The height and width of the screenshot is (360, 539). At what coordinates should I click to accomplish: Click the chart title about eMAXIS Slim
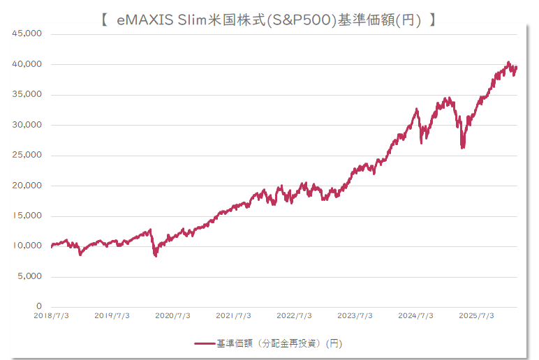(x=268, y=20)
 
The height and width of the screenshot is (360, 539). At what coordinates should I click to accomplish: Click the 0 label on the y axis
(x=39, y=306)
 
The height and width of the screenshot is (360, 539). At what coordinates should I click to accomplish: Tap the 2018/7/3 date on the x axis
(x=52, y=315)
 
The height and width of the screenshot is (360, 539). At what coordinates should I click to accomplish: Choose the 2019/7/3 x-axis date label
(x=112, y=315)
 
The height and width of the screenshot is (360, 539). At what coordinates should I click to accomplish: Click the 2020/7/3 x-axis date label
(x=172, y=315)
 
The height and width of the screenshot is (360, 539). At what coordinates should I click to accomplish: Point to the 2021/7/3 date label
(x=233, y=315)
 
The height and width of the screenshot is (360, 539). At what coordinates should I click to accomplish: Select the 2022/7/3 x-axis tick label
(x=294, y=315)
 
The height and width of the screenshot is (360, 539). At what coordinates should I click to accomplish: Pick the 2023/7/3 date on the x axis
(x=355, y=315)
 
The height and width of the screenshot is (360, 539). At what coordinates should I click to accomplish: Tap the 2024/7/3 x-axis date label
(x=415, y=315)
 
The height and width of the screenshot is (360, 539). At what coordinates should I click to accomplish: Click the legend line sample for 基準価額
(x=204, y=343)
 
